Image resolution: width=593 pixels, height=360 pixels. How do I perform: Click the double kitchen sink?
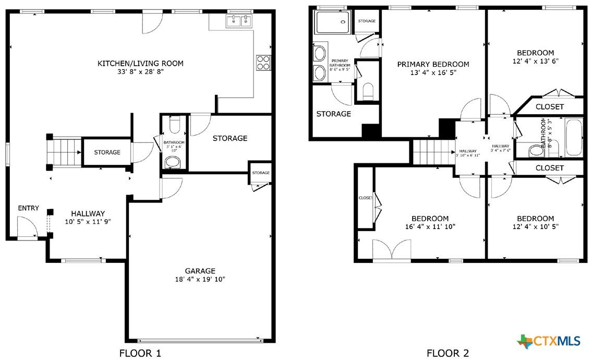pos(239,21)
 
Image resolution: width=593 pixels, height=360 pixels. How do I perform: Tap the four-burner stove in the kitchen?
pos(263,63)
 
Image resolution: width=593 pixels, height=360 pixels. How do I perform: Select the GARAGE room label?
pos(200,271)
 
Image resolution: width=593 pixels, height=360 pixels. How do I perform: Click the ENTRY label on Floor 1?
pos(28,208)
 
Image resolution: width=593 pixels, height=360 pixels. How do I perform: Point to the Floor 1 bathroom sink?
pos(174,163)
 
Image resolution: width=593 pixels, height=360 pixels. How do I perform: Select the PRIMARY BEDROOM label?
pos(433,64)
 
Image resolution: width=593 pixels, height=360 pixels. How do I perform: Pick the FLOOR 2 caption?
pos(448,353)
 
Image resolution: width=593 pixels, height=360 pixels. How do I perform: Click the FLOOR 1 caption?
pos(140,353)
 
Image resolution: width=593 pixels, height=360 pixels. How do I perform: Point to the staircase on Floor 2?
pos(433,152)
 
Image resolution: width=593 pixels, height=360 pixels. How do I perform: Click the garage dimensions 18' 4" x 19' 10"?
pos(200,280)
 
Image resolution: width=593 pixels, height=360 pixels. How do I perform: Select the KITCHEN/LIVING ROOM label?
pos(141,63)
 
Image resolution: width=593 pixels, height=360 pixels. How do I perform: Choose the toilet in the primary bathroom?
pos(368,91)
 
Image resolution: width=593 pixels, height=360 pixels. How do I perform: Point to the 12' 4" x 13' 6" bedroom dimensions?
pos(536,61)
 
